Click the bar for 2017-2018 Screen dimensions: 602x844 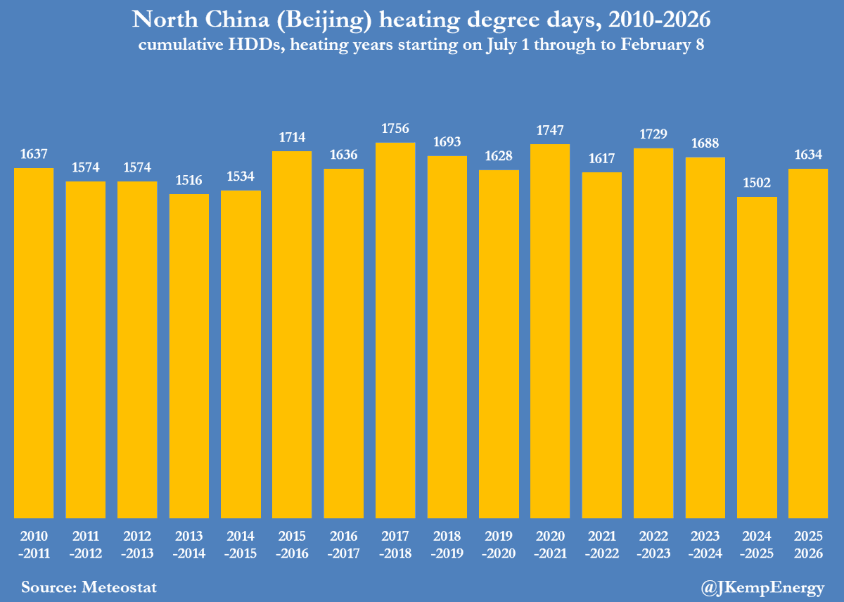[395, 331]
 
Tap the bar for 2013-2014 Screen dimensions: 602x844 [188, 356]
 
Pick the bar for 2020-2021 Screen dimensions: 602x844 [550, 331]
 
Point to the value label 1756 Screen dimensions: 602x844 [395, 129]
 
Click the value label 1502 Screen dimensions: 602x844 [757, 183]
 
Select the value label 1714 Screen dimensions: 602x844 [292, 137]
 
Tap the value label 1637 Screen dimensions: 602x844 [34, 154]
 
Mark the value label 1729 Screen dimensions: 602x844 [653, 134]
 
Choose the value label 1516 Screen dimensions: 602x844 [188, 180]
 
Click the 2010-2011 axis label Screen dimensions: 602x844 [34, 544]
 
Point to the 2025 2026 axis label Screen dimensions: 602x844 [808, 544]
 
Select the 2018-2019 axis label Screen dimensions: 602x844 [447, 544]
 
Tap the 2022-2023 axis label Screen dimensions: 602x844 [653, 544]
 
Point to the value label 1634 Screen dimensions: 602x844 [808, 155]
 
